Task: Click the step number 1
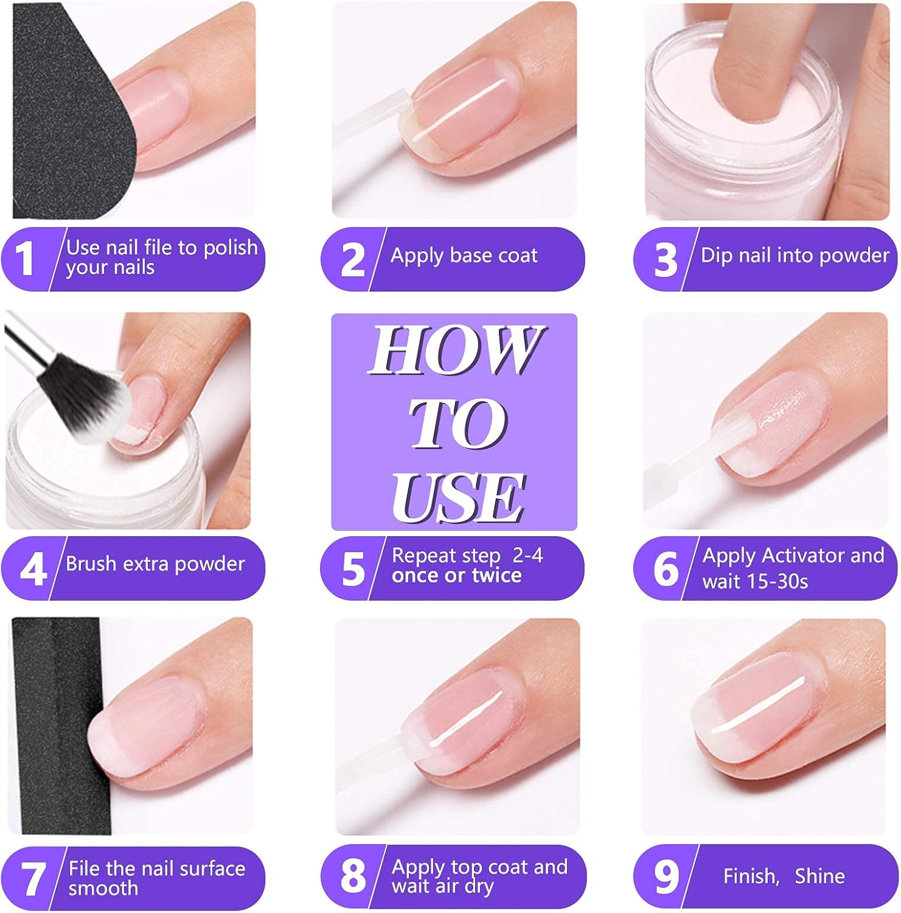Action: [24, 259]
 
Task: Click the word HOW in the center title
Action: [455, 351]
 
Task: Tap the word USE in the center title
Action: [457, 497]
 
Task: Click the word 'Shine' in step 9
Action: [819, 876]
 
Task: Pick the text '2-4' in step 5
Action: [527, 555]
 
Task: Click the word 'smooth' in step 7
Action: [103, 888]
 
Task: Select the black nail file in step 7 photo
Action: [58, 724]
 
